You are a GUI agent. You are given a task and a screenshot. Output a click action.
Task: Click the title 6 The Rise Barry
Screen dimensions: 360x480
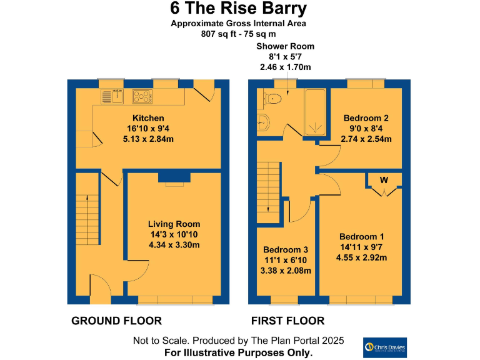pyautogui.click(x=239, y=9)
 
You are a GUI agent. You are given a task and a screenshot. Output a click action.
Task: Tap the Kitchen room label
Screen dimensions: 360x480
pyautogui.click(x=148, y=118)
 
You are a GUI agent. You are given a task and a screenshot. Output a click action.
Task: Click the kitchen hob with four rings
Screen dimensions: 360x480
pyautogui.click(x=142, y=96)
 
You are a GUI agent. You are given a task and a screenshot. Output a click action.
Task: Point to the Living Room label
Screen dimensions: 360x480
pyautogui.click(x=174, y=224)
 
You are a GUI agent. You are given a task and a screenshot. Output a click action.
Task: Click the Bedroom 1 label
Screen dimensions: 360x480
pyautogui.click(x=361, y=237)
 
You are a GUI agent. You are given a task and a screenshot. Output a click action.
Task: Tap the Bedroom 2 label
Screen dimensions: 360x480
pyautogui.click(x=366, y=118)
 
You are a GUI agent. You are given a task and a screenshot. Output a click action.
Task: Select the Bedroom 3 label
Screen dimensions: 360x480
pyautogui.click(x=286, y=249)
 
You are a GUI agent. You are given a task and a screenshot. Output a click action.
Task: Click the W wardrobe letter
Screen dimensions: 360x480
pyautogui.click(x=384, y=181)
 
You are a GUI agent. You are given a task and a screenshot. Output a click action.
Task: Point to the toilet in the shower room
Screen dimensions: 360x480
pyautogui.click(x=273, y=98)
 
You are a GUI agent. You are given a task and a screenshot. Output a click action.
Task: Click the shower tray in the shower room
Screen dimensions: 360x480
pyautogui.click(x=314, y=112)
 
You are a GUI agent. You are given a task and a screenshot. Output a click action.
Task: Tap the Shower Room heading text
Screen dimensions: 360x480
pyautogui.click(x=285, y=46)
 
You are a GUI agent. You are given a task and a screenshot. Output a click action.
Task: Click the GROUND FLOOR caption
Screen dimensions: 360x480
pyautogui.click(x=116, y=321)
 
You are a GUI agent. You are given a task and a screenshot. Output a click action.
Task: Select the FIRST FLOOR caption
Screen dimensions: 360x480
pyautogui.click(x=287, y=321)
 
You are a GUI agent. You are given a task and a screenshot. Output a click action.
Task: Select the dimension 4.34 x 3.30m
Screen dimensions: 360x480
pyautogui.click(x=174, y=245)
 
